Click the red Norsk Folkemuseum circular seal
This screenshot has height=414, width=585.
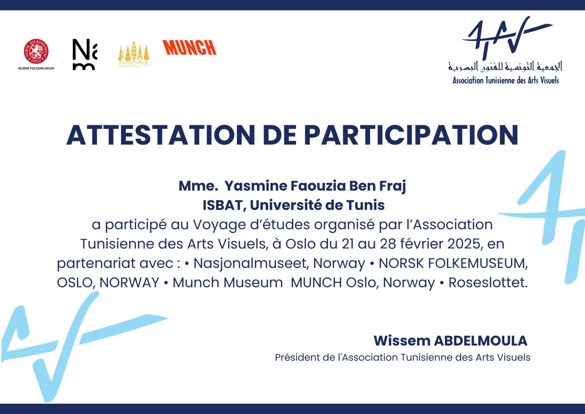[x=36, y=52]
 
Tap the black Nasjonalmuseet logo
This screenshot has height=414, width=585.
[x=84, y=55]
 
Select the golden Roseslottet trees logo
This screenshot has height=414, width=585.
[x=133, y=54]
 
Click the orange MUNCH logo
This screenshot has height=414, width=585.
[x=189, y=47]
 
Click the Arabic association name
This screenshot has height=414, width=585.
[x=505, y=66]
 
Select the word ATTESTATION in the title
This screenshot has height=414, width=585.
[x=161, y=135]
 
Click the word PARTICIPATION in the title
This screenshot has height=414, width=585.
[x=411, y=135]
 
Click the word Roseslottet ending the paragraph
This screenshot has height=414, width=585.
[x=488, y=283]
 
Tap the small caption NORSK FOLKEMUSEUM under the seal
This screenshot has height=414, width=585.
[x=36, y=68]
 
